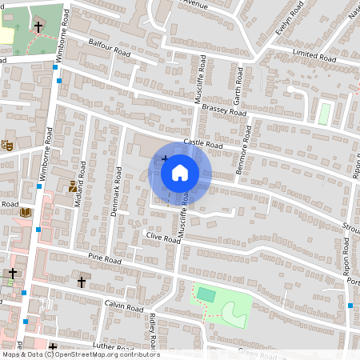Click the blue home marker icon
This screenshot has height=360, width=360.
pyautogui.click(x=180, y=172)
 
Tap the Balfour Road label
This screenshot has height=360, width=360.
pyautogui.click(x=110, y=49)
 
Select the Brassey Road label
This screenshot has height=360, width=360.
pyautogui.click(x=224, y=110)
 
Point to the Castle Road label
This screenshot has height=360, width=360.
pyautogui.click(x=202, y=144)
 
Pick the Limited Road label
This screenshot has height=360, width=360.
pyautogui.click(x=315, y=57)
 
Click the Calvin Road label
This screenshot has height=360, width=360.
pyautogui.click(x=123, y=307)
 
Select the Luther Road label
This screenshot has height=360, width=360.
pyautogui.click(x=111, y=347)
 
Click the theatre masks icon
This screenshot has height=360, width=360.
pyautogui.click(x=8, y=145)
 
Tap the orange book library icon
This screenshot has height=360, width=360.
pyautogui.click(x=25, y=213)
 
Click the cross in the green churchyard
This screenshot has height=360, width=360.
pyautogui.click(x=38, y=27)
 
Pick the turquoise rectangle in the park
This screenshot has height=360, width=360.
pyautogui.click(x=206, y=294)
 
